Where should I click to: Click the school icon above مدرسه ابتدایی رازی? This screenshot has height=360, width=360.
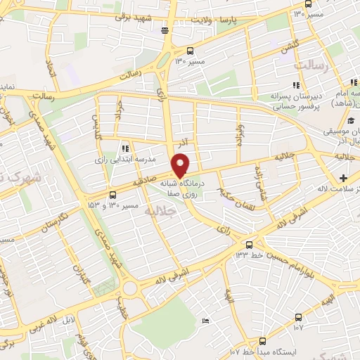pos(125,148)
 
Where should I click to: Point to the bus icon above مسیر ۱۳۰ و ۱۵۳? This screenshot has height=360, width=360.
pos(112,195)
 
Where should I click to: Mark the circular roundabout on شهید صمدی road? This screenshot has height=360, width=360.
pos(129,288)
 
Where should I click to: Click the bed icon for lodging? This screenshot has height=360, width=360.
pos(205,321)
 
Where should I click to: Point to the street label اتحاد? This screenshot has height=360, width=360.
pos(49,69)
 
